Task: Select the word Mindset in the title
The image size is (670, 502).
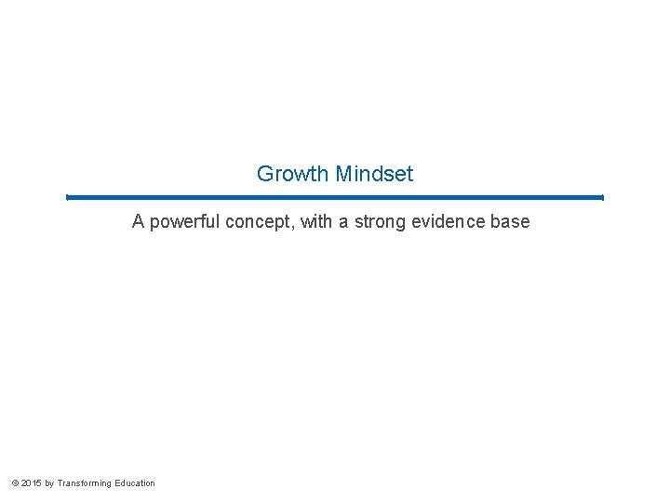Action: (374, 174)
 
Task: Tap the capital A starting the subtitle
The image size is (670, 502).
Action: (138, 222)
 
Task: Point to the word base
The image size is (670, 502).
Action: (512, 222)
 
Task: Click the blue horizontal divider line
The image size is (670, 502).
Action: (335, 197)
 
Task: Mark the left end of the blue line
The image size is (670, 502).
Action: (68, 197)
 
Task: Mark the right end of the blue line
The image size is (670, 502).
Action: (602, 197)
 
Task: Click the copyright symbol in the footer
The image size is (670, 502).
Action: (14, 483)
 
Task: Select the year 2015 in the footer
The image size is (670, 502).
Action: (31, 483)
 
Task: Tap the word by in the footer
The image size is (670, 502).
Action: (49, 483)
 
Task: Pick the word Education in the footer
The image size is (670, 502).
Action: (136, 483)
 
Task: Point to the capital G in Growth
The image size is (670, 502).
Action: (264, 174)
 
